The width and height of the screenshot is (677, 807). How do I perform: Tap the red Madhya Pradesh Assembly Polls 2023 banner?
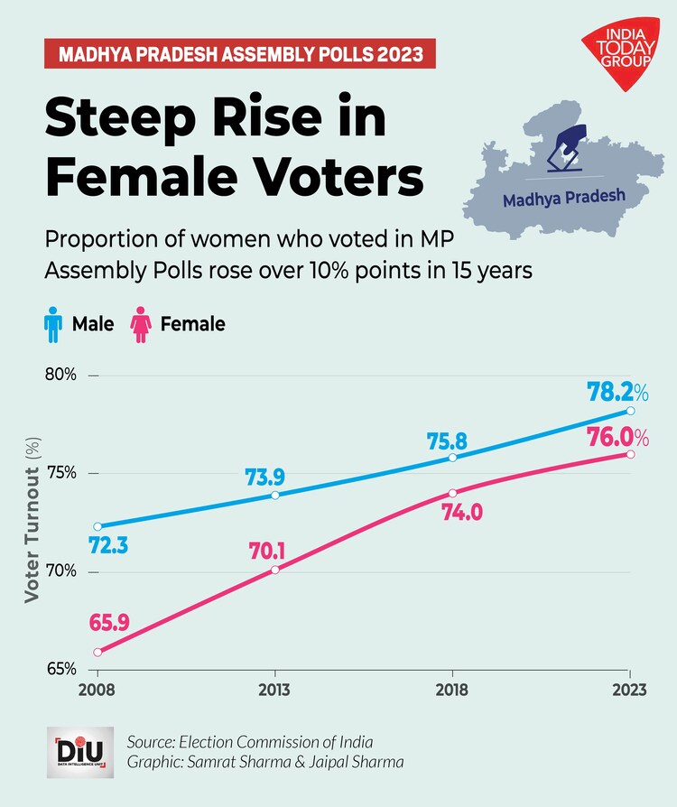click(240, 53)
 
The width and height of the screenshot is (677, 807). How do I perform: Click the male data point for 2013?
click(275, 495)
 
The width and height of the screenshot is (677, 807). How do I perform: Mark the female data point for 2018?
click(452, 493)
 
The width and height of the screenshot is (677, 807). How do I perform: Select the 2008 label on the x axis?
click(97, 691)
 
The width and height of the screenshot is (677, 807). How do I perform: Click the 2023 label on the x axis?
click(629, 691)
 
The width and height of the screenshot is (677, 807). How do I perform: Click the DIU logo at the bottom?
click(79, 752)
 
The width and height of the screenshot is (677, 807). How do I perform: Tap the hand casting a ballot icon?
click(568, 149)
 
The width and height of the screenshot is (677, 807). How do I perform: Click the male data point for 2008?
click(97, 526)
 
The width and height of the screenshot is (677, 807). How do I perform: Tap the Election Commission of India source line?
click(250, 742)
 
